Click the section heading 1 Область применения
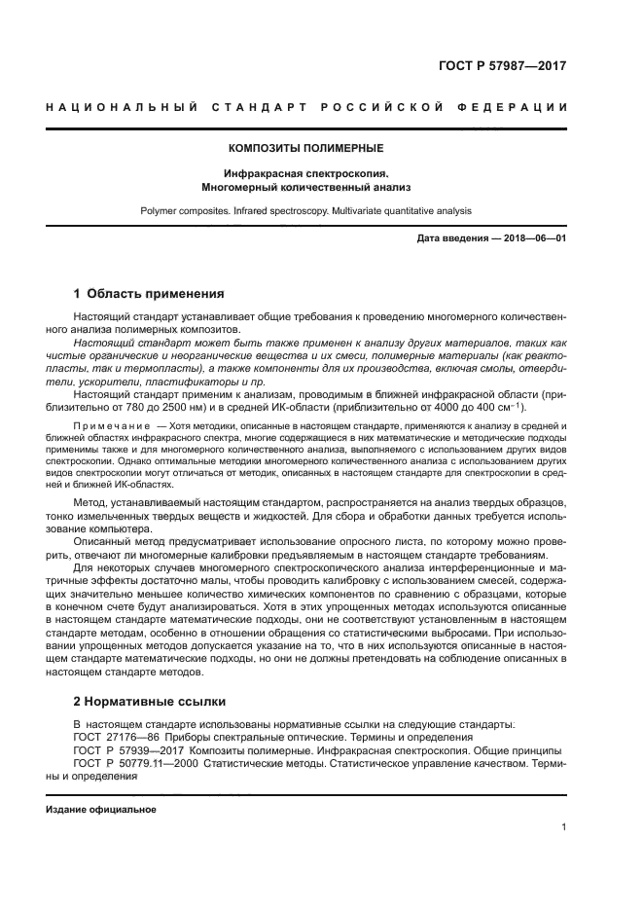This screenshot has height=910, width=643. click(149, 293)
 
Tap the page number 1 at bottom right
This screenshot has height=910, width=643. click(564, 827)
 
